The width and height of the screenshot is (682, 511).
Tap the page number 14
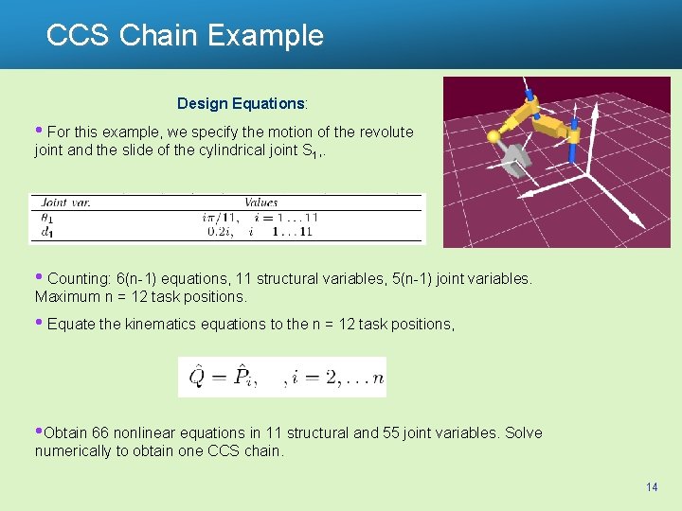[x=651, y=486]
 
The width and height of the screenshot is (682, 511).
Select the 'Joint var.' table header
[x=66, y=202]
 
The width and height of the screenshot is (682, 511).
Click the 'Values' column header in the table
[x=260, y=202]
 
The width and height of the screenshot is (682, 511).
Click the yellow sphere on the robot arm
[x=494, y=137]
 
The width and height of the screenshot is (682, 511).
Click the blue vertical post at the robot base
[x=573, y=151]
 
